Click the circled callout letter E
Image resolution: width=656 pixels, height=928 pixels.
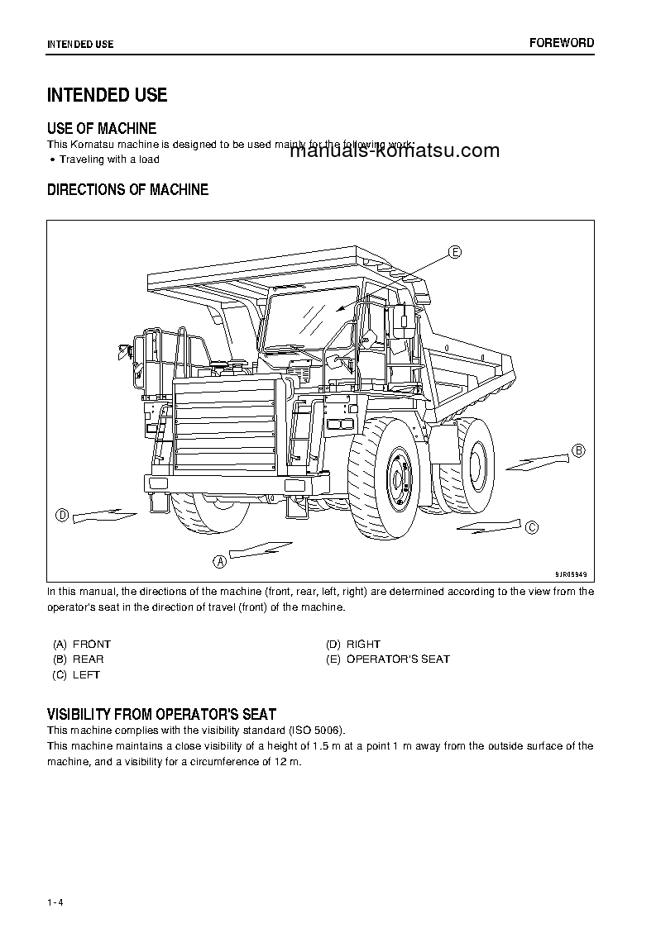coord(455,252)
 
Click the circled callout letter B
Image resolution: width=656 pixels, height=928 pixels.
coord(579,450)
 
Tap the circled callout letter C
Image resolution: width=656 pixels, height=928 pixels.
coord(533,527)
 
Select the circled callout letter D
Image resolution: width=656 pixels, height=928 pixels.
coord(61,516)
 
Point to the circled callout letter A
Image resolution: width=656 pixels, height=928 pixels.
coord(220,561)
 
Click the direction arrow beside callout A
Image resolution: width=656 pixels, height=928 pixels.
coord(261,549)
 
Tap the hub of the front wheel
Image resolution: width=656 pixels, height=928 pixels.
coord(398,478)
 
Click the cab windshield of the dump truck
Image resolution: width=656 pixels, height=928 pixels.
coord(309,313)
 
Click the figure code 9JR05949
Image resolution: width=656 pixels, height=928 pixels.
coord(570,573)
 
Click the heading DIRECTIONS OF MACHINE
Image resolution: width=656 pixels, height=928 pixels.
coord(127,190)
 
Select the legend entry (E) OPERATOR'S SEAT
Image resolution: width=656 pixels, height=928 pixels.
coord(388,659)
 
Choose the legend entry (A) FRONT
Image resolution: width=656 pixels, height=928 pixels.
coord(81,644)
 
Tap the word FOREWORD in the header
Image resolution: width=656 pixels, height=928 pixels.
coord(562,43)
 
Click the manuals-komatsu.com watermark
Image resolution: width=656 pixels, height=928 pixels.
coord(395,150)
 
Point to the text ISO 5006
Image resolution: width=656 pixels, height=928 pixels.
coord(315,731)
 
